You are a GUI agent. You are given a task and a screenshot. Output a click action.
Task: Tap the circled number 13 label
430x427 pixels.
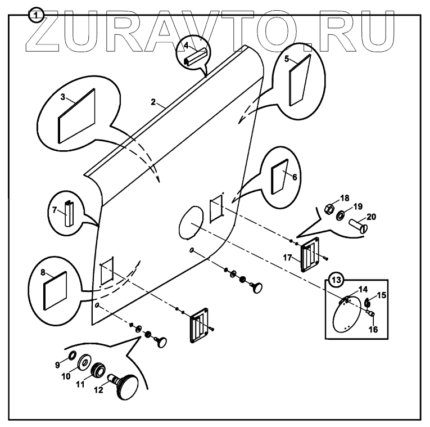336,279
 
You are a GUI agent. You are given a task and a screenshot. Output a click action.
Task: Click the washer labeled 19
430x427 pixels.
341,216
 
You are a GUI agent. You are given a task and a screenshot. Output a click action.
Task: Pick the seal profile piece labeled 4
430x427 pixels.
194,55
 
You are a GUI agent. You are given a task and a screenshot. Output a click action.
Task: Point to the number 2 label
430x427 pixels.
153,102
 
